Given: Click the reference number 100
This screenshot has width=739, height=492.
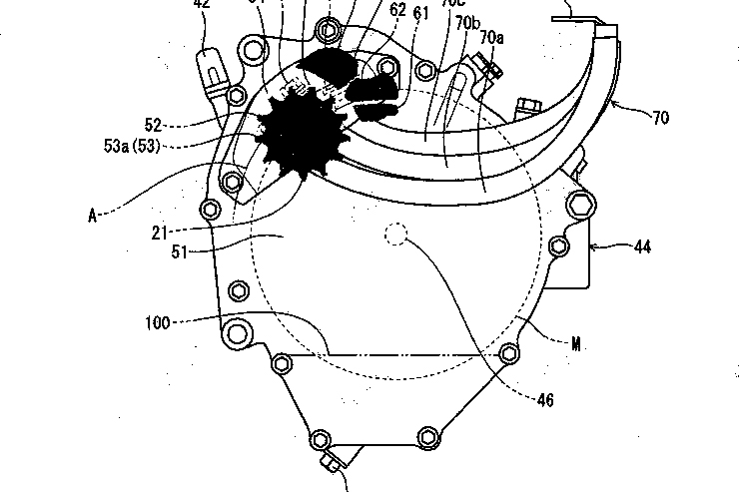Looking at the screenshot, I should click(x=157, y=322).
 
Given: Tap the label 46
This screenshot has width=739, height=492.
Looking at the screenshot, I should click(x=543, y=401).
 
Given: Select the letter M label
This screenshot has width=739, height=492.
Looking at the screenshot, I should click(x=576, y=344).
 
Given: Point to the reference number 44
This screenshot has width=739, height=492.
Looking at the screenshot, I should click(x=641, y=245).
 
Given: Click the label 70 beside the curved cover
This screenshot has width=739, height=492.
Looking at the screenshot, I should click(x=660, y=118).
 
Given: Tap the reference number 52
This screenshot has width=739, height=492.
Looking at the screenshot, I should click(x=153, y=125).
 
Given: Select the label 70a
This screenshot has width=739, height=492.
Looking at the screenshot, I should click(x=491, y=37).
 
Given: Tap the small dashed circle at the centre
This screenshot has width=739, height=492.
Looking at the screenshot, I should click(x=396, y=235).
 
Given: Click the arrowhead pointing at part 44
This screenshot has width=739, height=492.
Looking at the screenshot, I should click(x=596, y=245).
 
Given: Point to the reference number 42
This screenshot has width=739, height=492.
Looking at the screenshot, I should click(x=202, y=3).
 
